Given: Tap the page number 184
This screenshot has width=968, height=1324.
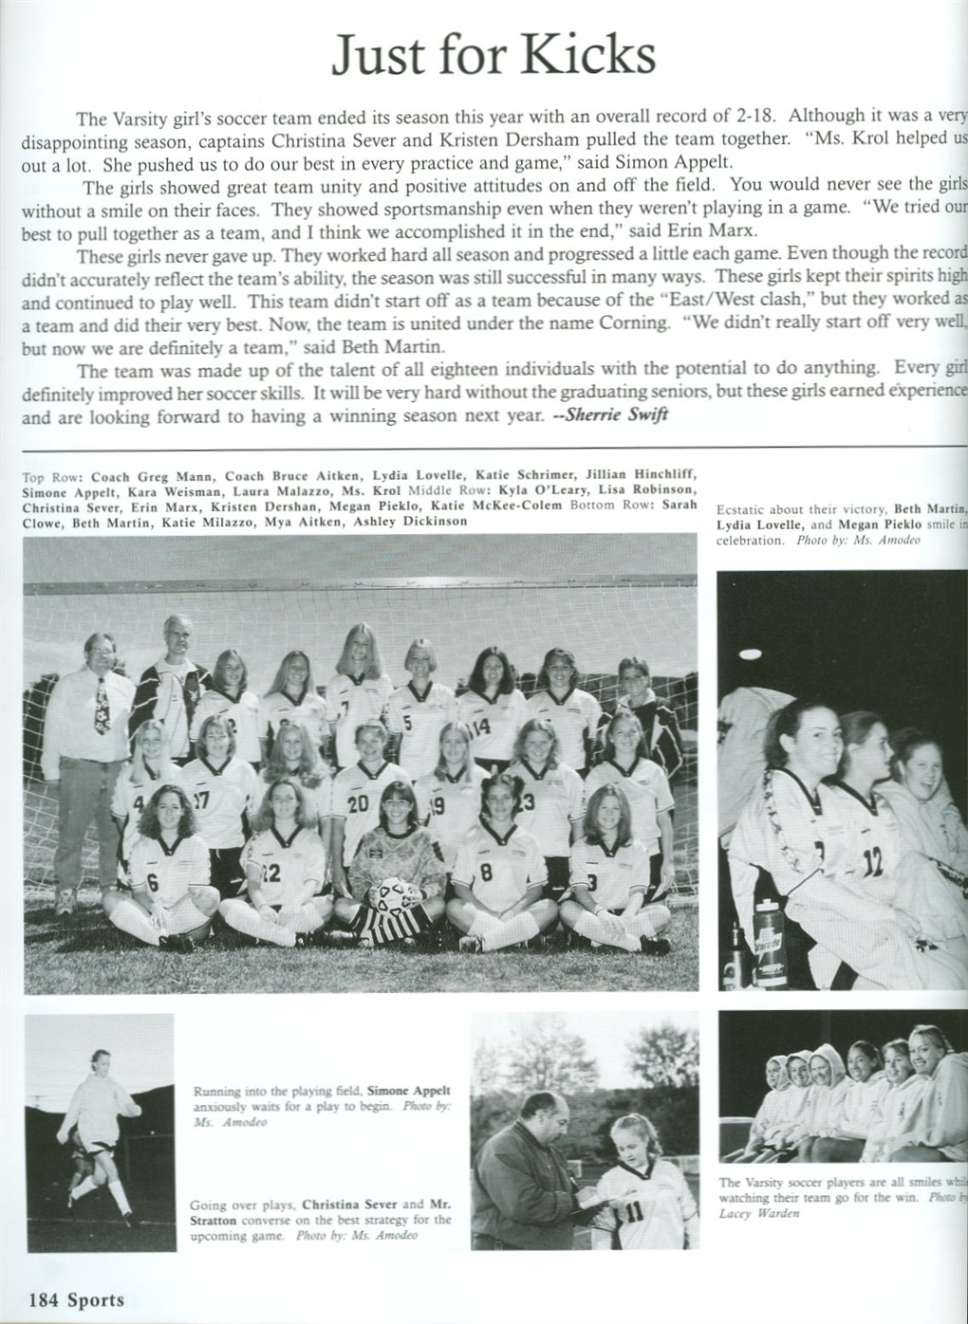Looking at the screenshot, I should (x=44, y=1300).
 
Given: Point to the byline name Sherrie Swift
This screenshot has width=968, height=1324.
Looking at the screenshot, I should (x=621, y=415).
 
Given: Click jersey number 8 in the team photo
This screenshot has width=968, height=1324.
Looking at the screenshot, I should (x=486, y=872).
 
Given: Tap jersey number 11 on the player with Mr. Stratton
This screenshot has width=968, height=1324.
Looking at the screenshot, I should (x=634, y=1211).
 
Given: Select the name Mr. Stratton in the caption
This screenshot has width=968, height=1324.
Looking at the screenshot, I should (x=434, y=1204).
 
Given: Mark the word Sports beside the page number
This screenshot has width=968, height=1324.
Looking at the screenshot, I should (x=95, y=1300).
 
